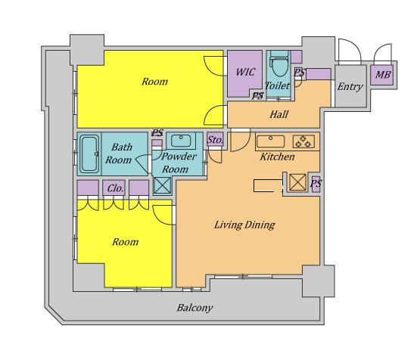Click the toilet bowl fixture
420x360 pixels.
278,64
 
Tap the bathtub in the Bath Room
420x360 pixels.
89,154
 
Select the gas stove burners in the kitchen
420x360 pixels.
303,141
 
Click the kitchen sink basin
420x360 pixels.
270,141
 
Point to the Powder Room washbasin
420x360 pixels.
181,141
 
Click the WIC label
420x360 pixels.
245,72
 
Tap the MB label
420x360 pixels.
383,74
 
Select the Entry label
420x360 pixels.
350,87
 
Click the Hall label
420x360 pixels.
278,114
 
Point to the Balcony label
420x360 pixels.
194,308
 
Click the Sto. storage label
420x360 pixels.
215,140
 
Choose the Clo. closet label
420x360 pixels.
115,188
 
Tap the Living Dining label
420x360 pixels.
244,225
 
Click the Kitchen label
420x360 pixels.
278,157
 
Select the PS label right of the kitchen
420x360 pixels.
316,184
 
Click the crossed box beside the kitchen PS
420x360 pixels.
298,182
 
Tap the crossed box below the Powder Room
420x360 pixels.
162,185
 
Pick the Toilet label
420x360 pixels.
277,86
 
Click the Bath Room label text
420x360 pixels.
119,154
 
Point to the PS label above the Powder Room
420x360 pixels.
157,133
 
